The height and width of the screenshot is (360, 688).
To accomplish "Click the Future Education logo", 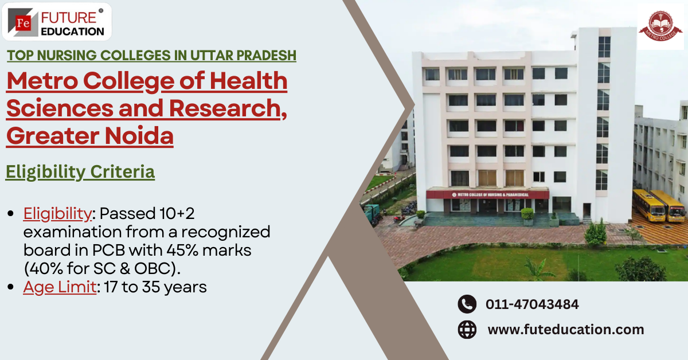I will coord(57,22).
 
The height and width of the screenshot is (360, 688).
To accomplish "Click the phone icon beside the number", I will coord(467,304).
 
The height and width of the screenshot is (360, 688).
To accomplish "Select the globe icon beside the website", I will coord(467,330).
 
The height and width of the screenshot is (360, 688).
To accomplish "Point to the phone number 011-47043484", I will coord(532,304).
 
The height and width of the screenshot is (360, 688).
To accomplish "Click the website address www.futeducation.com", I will coord(565,330).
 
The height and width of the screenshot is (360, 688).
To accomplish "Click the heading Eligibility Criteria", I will coord(80,171).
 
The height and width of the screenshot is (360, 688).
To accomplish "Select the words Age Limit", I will coord(59,287).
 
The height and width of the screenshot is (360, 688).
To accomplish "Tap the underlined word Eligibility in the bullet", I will coord(57,214).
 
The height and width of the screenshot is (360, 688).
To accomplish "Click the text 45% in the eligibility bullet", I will coord(202,251).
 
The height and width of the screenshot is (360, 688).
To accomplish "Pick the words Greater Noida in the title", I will coord(90,136).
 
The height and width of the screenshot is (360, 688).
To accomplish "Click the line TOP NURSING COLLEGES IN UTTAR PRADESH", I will coord(151,56).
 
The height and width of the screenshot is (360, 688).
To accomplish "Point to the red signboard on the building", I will coord(487,194).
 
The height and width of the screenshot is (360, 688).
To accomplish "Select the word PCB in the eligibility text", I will coord(131,251).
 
